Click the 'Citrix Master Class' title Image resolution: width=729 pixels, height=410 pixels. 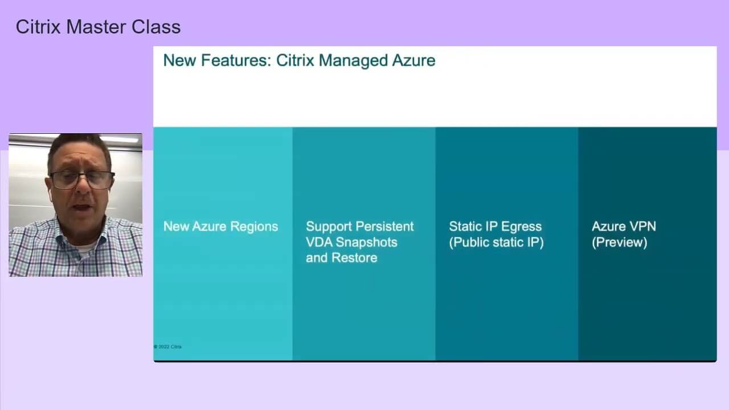(x=99, y=27)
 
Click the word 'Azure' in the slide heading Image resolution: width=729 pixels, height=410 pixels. (x=413, y=60)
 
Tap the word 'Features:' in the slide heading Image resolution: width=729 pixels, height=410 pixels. (x=236, y=60)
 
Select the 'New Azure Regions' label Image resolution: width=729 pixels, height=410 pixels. (x=220, y=227)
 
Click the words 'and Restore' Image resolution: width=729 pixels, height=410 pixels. (x=341, y=258)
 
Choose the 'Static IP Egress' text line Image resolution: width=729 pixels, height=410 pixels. (x=495, y=227)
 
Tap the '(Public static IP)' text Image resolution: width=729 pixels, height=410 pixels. (x=496, y=243)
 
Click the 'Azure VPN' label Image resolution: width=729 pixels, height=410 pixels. (x=624, y=227)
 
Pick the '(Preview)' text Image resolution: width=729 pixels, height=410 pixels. (x=620, y=243)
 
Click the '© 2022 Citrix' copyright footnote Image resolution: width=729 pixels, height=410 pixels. (x=167, y=347)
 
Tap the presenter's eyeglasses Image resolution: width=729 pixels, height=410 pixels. (x=82, y=179)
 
